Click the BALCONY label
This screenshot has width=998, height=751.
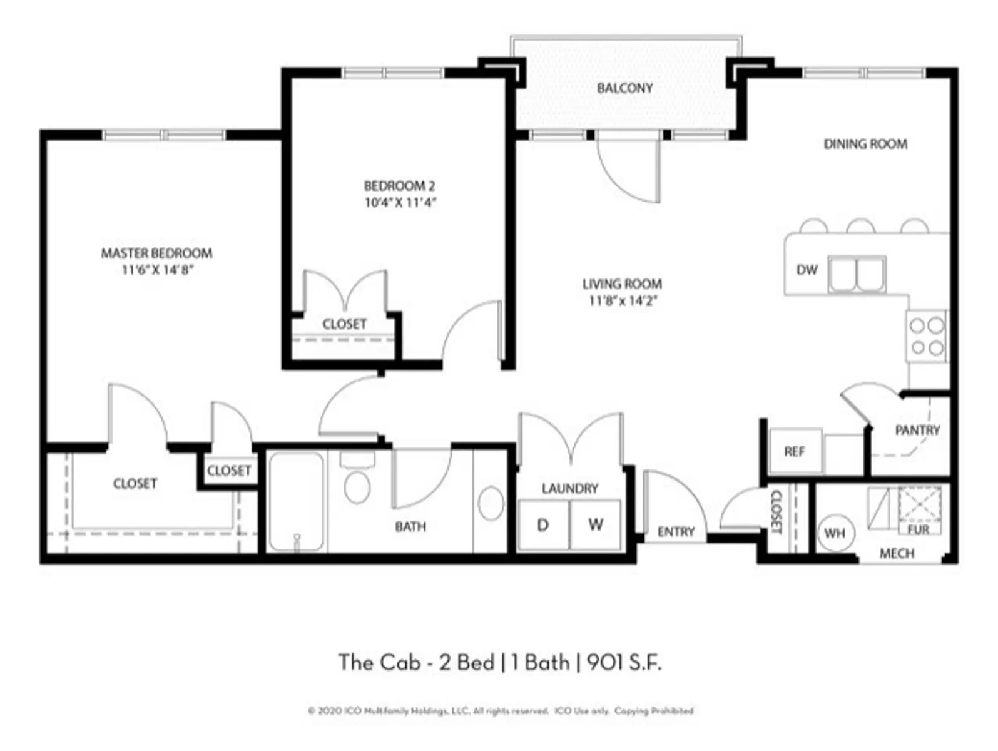tap(624, 88)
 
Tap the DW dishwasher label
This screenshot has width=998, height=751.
tap(807, 270)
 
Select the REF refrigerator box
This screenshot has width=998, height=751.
tap(795, 451)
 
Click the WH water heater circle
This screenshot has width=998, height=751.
tap(835, 534)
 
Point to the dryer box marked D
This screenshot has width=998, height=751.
tap(543, 525)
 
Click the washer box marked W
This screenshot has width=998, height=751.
tap(596, 525)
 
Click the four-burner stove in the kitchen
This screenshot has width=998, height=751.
tap(927, 336)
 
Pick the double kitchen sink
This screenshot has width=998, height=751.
tap(857, 274)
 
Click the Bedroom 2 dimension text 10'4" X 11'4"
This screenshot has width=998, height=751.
tap(400, 203)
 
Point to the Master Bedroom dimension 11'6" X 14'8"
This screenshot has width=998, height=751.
tap(156, 270)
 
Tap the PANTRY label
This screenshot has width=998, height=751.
tap(917, 431)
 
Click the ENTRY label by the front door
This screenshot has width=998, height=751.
tap(676, 532)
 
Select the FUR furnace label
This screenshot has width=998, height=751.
tap(918, 529)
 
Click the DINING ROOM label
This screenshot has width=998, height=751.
tap(865, 145)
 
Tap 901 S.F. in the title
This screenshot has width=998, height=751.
tap(623, 663)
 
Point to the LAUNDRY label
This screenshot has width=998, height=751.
tap(570, 488)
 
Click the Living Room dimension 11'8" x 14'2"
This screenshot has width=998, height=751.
tap(622, 301)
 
